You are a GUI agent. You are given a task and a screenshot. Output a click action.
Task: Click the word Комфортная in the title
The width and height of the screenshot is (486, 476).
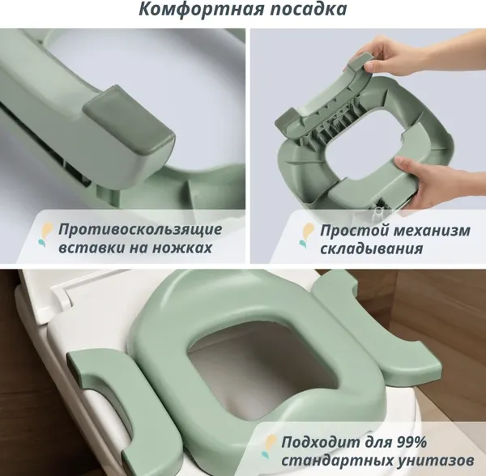coord(202,9)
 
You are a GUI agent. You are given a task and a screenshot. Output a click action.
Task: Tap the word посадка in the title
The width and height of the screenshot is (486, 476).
coord(309,9)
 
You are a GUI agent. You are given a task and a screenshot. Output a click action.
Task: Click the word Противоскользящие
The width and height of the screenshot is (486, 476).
coord(140,230)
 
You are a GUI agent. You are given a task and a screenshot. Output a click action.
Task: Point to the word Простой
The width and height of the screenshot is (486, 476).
coord(349,231)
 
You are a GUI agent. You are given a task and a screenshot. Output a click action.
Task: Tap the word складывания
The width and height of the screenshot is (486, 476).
coord(371,249)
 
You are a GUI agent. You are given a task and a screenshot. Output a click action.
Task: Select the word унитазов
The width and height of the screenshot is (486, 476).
coord(434,461)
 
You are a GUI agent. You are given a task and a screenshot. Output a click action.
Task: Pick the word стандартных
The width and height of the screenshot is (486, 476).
coord(335,461)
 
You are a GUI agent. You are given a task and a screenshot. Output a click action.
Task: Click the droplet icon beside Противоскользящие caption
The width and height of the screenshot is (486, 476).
coord(45,235)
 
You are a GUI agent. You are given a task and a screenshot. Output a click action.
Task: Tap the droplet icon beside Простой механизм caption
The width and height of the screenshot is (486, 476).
coord(306,236)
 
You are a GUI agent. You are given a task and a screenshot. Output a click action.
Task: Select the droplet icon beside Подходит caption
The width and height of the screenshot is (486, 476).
coord(269,447)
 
